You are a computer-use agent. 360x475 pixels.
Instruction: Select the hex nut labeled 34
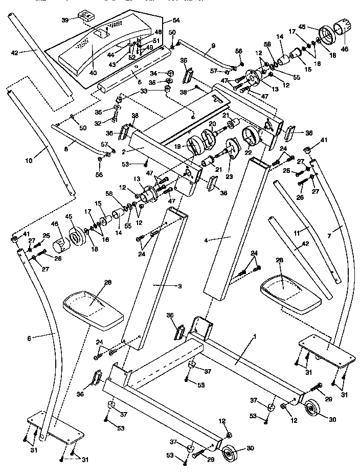(169, 74)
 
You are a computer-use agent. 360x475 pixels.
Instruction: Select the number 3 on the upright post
(165, 286)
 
